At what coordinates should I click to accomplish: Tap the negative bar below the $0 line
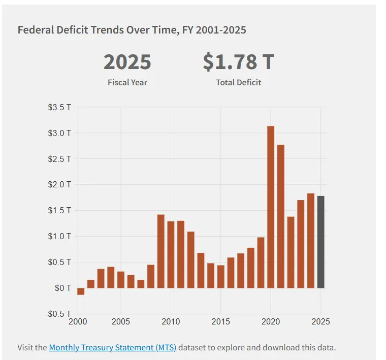(81, 291)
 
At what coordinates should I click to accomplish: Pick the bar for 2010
(171, 254)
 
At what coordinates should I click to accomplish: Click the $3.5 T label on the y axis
(59, 107)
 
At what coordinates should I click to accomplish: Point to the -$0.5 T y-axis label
(58, 313)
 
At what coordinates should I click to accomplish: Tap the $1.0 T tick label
(59, 236)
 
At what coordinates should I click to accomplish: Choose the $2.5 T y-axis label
(59, 159)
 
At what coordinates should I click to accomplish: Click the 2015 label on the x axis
(220, 322)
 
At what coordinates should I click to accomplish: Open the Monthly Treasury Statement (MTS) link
(112, 348)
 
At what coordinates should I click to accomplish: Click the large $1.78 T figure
(238, 62)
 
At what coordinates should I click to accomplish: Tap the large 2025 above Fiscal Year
(127, 62)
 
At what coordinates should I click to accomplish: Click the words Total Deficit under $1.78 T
(238, 82)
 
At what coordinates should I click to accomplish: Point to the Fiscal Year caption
(127, 82)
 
